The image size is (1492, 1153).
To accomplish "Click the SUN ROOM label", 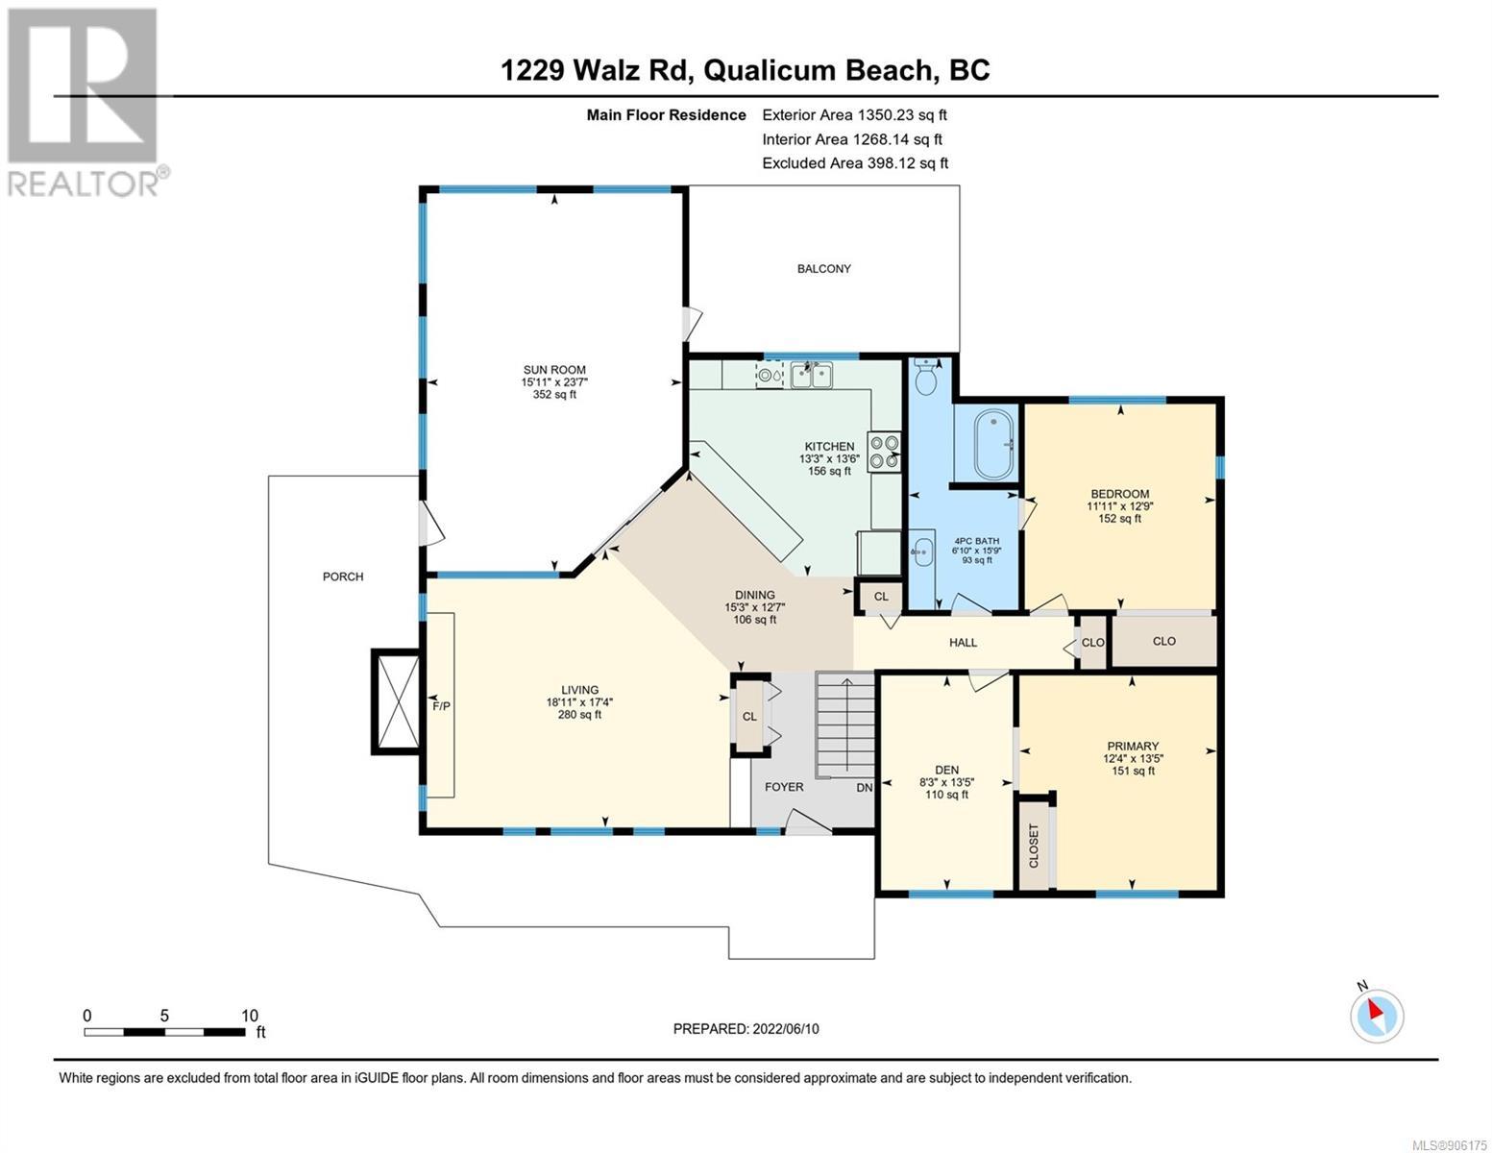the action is coord(554,370).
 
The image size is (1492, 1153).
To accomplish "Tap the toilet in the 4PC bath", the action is coord(926,377).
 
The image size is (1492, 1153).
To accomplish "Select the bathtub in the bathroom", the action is coord(986,445).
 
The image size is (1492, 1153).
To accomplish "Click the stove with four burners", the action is coord(884,452).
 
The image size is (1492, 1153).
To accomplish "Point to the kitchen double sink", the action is coord(812,375).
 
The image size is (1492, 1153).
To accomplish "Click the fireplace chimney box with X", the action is coord(396,701).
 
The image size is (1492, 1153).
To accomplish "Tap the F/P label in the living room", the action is coord(442,705).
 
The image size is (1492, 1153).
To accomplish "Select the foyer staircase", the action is coord(845,725).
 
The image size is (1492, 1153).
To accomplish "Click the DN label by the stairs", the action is coord(865,788).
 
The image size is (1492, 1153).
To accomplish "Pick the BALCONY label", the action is coord(824,268).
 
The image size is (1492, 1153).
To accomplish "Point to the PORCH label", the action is coord(343,576).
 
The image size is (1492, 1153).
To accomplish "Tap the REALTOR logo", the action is coord(86,103).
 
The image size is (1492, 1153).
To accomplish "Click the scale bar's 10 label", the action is coord(250,1015).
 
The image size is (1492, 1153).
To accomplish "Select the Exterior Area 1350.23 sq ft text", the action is coord(854,114).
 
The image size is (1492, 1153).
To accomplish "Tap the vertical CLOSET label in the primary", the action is coord(1034,846).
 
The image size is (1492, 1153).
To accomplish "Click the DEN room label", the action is coord(947,770).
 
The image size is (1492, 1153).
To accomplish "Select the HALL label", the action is coord(963,642).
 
